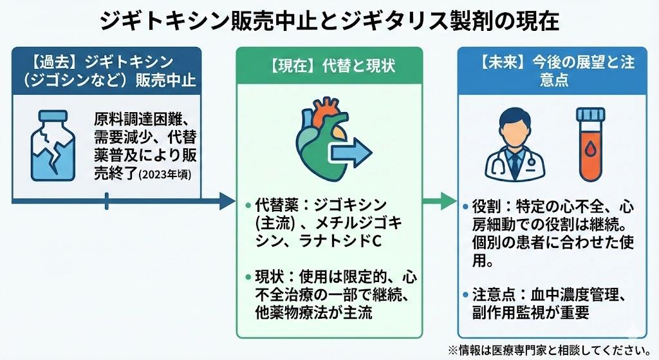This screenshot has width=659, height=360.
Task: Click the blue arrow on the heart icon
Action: [351, 153]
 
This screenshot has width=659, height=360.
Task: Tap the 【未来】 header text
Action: [500, 63]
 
